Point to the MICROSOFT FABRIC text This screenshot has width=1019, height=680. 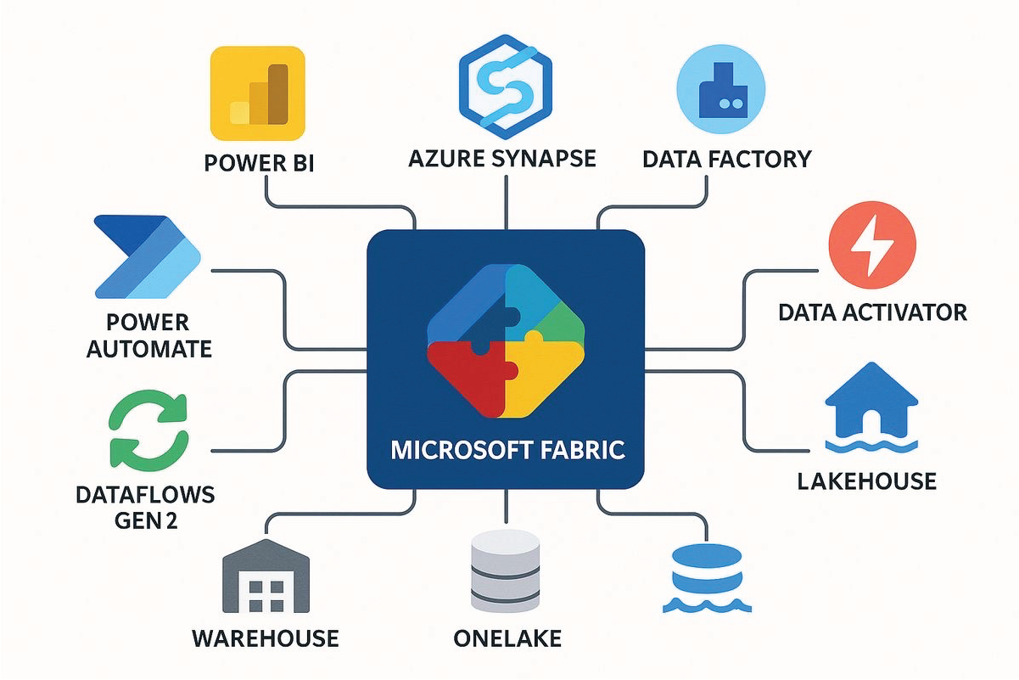[507, 448]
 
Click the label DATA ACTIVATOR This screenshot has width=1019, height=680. [872, 312]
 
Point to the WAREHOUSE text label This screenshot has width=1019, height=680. [265, 638]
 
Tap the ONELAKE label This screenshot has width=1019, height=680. [507, 638]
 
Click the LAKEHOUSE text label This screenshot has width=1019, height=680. [866, 481]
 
